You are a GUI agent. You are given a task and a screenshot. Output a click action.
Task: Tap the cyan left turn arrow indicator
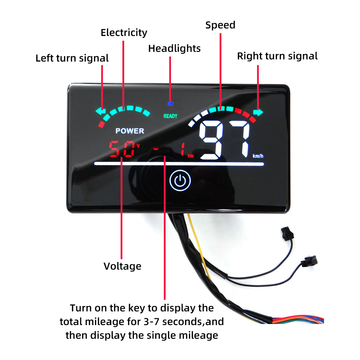(100, 111)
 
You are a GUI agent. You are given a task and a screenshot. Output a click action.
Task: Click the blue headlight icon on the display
(171, 104)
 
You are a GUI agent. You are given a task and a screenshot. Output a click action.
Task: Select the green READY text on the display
(170, 116)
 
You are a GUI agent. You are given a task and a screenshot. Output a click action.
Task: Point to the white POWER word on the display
(130, 131)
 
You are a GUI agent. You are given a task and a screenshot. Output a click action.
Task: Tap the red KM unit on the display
(190, 156)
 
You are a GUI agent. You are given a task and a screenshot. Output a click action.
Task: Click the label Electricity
(124, 33)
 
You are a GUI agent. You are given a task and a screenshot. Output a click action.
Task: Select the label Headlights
(174, 48)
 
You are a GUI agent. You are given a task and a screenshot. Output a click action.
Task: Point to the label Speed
(220, 25)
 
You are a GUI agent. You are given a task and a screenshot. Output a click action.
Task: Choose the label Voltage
(122, 266)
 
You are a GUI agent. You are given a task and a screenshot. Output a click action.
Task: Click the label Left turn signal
(72, 58)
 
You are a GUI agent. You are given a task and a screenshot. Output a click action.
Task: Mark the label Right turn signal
(277, 56)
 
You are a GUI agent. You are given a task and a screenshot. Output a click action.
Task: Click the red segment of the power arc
(102, 125)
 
